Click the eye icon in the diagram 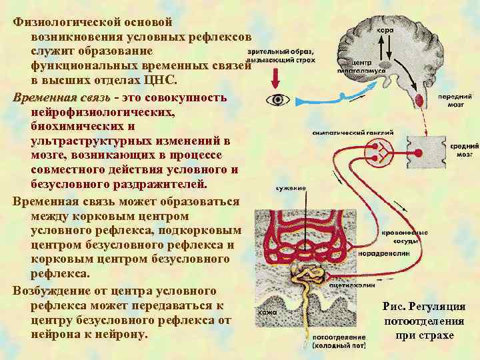pos(277,101)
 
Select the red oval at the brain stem pos(421,100)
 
